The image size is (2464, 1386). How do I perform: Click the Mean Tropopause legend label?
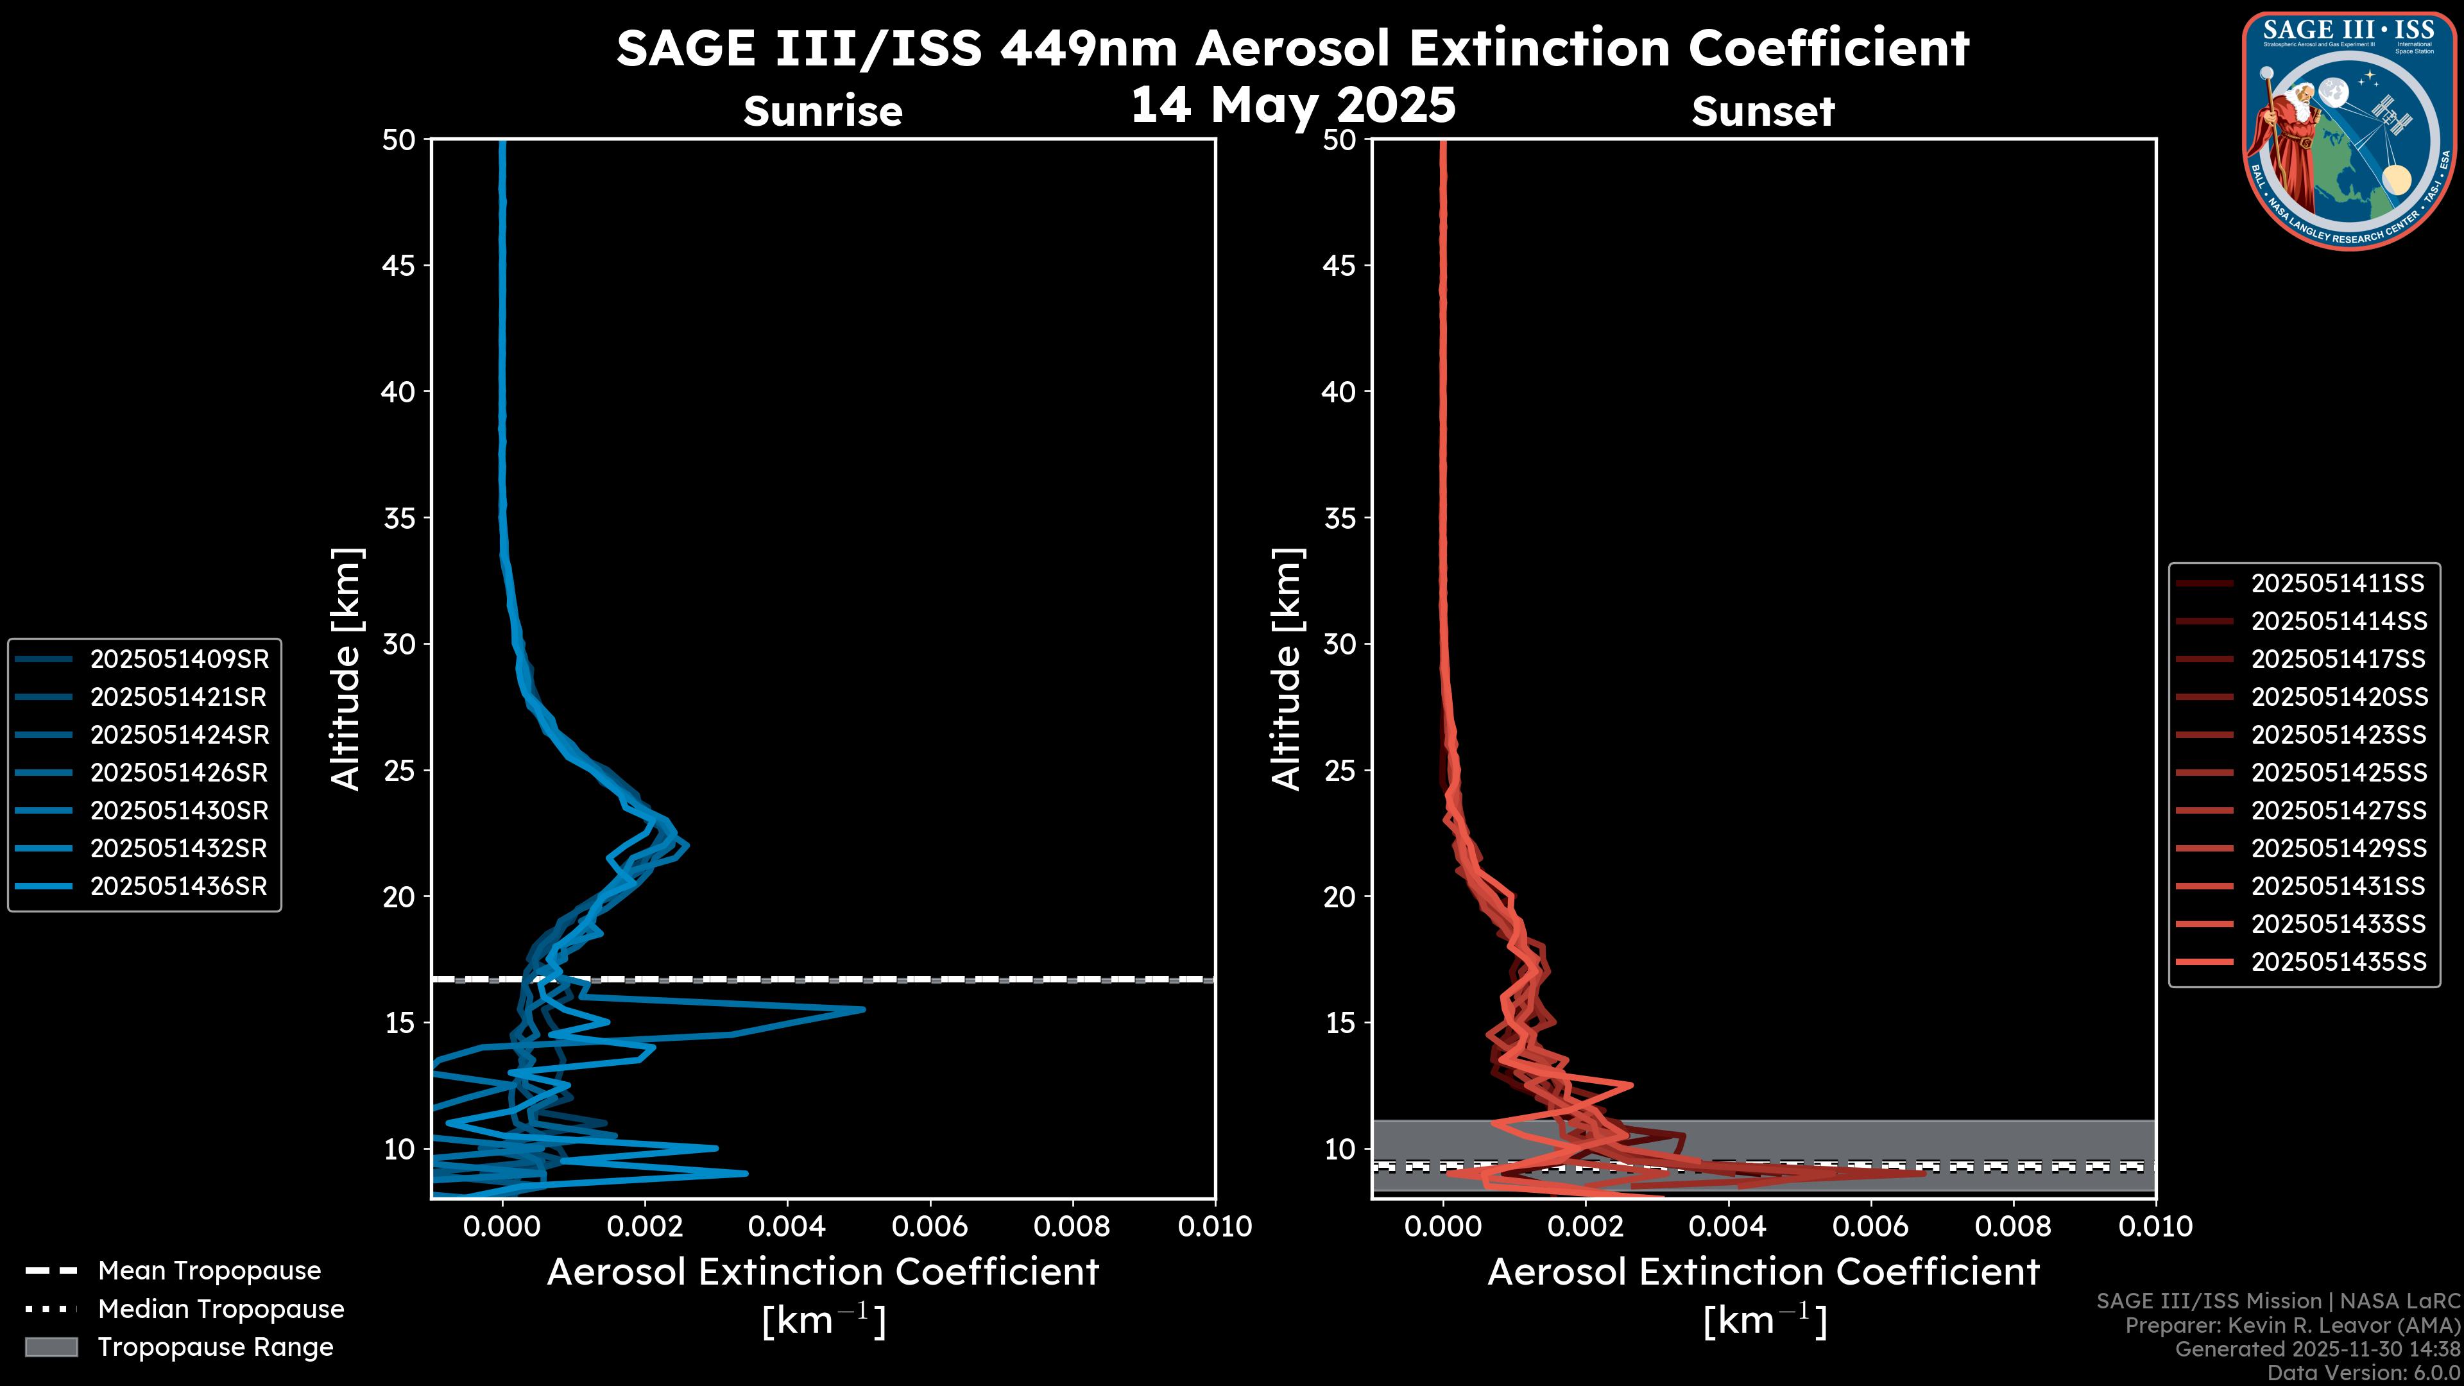coord(209,1270)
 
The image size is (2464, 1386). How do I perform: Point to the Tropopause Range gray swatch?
coord(51,1347)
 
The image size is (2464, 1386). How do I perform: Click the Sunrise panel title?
coord(823,111)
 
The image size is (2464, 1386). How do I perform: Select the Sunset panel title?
coord(1763,111)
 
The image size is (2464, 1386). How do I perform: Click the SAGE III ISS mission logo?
coord(2348,131)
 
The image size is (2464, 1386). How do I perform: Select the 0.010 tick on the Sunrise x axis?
coord(1214,1226)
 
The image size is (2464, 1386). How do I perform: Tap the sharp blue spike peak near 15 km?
coord(863,1009)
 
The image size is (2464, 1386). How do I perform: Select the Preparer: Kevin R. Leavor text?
coord(2292,1325)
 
